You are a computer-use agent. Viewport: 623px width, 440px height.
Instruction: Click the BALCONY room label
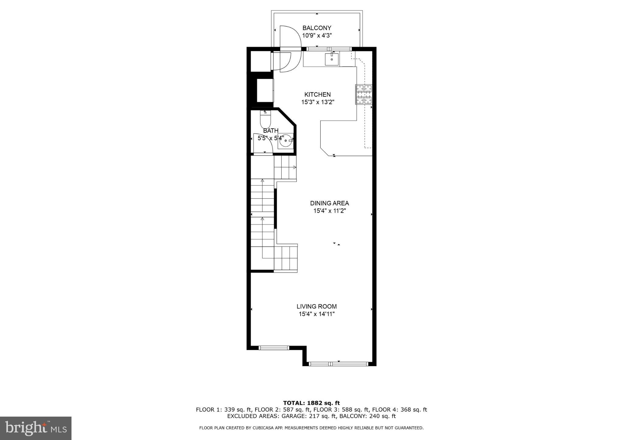(x=317, y=28)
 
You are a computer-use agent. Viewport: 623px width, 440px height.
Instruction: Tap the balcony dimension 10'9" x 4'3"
(x=317, y=36)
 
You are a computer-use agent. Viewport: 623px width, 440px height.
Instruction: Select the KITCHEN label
(x=318, y=95)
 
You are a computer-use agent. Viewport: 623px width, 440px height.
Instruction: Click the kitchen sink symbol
(x=332, y=59)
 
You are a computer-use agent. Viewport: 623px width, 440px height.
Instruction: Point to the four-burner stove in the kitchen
(x=364, y=95)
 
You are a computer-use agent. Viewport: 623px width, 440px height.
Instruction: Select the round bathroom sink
(x=286, y=141)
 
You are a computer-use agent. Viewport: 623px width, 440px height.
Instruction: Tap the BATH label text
(x=270, y=131)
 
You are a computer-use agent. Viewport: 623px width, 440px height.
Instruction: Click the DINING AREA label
(x=329, y=203)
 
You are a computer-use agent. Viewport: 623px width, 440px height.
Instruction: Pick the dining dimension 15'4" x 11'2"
(x=330, y=211)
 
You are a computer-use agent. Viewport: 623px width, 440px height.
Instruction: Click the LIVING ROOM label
(x=317, y=307)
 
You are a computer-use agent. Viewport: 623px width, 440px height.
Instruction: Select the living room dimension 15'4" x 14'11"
(x=317, y=314)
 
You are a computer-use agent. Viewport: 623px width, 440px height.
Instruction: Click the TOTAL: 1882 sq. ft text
(x=311, y=403)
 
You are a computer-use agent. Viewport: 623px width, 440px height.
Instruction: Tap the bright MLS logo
(x=36, y=428)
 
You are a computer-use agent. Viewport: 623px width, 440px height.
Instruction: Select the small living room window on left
(x=274, y=348)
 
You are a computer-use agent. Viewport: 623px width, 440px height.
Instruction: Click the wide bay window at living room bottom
(x=338, y=363)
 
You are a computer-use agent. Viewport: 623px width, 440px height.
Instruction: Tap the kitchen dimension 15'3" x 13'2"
(x=318, y=102)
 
